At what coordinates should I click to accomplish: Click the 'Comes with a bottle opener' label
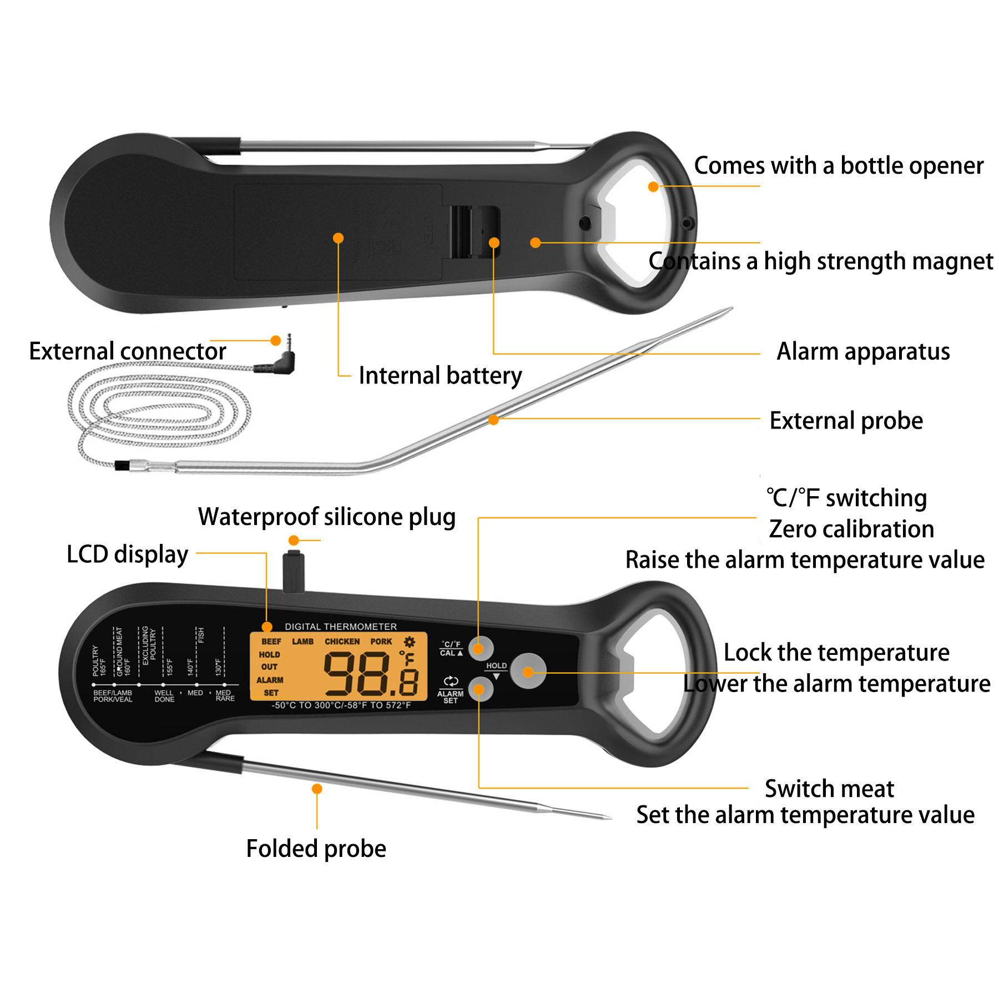pos(838,166)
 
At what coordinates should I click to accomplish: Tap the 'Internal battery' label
pos(440,376)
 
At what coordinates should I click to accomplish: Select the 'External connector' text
pos(128,351)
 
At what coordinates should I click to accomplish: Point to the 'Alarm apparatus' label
pos(863,351)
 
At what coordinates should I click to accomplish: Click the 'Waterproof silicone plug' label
pos(327,517)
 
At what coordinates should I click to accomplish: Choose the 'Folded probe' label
pos(316,849)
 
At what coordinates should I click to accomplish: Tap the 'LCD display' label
pos(128,554)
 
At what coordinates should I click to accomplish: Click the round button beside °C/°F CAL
pos(481,648)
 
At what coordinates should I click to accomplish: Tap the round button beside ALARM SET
pos(481,690)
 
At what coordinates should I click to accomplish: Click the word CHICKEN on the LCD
pos(342,642)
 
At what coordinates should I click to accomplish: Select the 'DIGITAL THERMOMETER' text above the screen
pos(341,627)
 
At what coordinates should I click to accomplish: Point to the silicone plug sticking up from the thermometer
pos(294,572)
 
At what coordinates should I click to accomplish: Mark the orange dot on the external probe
pos(493,420)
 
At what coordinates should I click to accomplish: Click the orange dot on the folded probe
pos(317,789)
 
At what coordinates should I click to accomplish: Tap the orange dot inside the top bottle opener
pos(653,187)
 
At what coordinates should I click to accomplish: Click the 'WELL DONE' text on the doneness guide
pos(164,696)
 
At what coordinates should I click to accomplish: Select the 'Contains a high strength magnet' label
pos(820,261)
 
